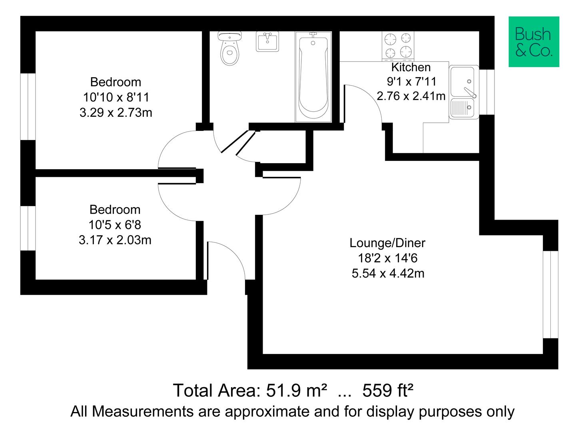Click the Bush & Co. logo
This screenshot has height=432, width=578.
coord(534,42)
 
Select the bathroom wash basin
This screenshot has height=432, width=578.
coord(267,42)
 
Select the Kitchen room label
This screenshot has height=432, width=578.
coord(411,67)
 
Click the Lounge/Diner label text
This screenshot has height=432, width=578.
coord(387,243)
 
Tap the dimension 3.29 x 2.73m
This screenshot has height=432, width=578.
coord(116,112)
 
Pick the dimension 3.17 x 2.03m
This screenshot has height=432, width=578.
coord(115,240)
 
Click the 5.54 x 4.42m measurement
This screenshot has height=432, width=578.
coord(388,274)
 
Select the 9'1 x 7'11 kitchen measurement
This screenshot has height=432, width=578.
coord(411,82)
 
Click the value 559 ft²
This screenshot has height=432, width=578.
coord(387,390)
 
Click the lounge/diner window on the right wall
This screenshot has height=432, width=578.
coord(550,294)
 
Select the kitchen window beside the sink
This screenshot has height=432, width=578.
coord(487,92)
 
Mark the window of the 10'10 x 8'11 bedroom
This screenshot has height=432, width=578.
coord(28,106)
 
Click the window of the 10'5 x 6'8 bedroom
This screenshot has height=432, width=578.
coord(28,228)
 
